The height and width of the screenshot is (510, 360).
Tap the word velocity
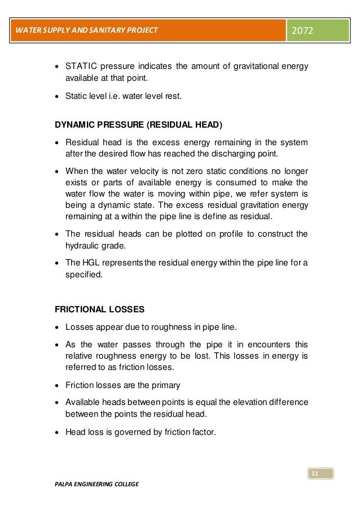pyautogui.click(x=151, y=171)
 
